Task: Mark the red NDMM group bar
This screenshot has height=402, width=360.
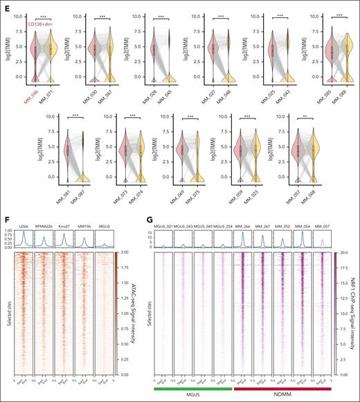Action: (284, 389)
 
